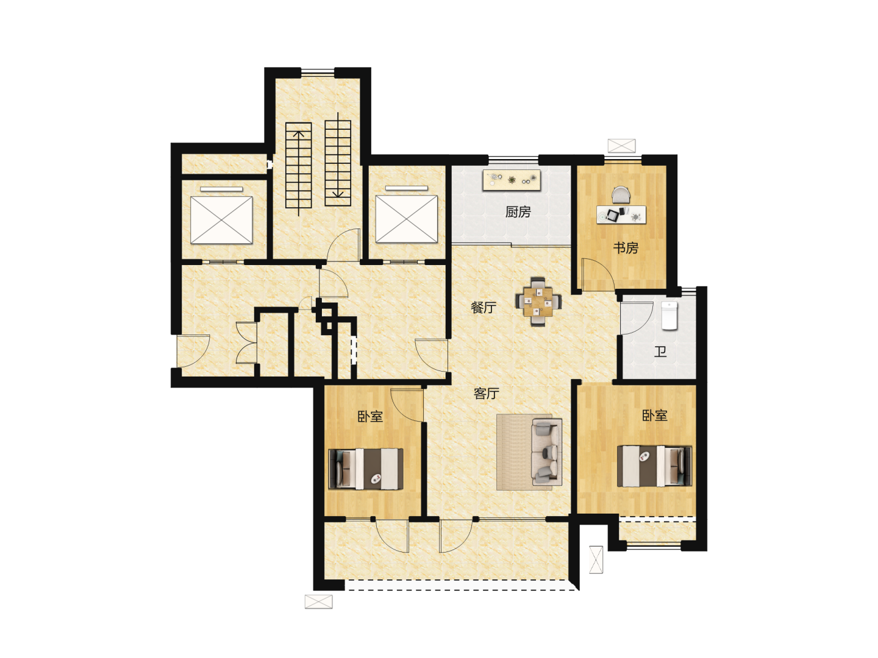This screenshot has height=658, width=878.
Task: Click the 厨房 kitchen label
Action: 518,212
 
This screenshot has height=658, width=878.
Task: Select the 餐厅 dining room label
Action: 483,307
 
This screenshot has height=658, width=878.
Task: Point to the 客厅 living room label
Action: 486,394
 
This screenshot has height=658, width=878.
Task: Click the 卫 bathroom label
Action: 660,352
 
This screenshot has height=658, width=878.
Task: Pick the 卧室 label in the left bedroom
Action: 370,416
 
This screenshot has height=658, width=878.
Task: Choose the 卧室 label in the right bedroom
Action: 654,416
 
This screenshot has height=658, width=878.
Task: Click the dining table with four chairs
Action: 538,302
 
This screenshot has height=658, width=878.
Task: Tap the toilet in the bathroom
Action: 669,316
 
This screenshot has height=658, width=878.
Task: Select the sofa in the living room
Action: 546,451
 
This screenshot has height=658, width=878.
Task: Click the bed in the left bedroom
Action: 365,469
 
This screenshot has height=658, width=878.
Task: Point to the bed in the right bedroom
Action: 654,466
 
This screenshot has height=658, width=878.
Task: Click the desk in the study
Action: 621,214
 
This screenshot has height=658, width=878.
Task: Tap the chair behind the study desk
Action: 621,194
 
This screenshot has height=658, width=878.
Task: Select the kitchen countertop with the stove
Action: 512,180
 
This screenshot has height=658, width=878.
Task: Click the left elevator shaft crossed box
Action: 221,220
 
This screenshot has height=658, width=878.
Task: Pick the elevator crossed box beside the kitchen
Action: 406,219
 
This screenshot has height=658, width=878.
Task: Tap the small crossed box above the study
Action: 621,146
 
